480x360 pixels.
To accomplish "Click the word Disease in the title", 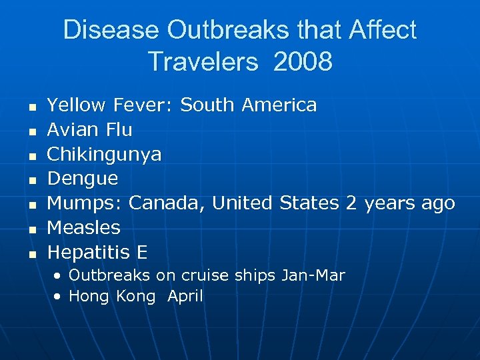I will pyautogui.click(x=111, y=30).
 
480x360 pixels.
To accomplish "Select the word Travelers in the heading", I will pyautogui.click(x=203, y=61).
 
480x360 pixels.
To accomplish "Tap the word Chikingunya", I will pyautogui.click(x=104, y=154).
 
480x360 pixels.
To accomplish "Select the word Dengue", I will pyautogui.click(x=83, y=179).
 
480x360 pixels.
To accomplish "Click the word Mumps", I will pyautogui.click(x=85, y=203).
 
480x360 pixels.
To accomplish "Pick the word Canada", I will pyautogui.click(x=167, y=203).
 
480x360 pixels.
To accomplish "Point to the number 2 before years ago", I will pyautogui.click(x=351, y=203).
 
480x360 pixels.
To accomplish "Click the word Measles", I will pyautogui.click(x=84, y=228).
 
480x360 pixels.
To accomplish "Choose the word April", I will pyautogui.click(x=185, y=296).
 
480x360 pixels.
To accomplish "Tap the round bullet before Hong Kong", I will pyautogui.click(x=60, y=296).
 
